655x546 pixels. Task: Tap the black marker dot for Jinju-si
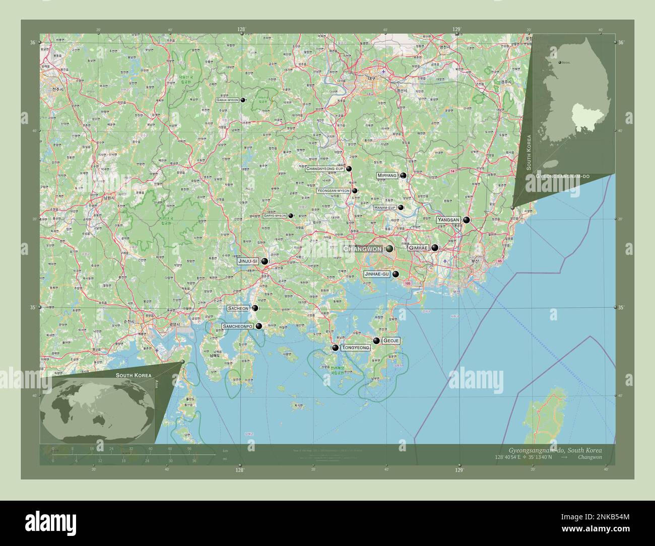tap(265, 261)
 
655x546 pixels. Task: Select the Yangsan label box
tap(448, 220)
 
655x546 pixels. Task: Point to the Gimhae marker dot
tap(435, 248)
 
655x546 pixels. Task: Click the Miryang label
tap(387, 175)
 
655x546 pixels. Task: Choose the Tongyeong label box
tap(356, 348)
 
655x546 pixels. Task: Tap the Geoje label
tap(391, 340)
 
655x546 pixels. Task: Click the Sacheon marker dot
tap(255, 308)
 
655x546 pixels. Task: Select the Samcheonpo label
tap(237, 326)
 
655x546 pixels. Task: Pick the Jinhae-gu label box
tap(376, 274)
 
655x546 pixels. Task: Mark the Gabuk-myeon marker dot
tap(243, 100)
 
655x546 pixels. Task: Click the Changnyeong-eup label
tap(325, 169)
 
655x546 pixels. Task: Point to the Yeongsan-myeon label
tap(334, 191)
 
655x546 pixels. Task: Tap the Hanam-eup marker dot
tap(401, 208)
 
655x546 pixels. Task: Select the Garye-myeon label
tap(275, 216)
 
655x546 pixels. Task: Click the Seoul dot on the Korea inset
tap(559, 63)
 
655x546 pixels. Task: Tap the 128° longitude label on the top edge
tap(241, 30)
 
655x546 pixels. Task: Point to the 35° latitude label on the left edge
tap(33, 307)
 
